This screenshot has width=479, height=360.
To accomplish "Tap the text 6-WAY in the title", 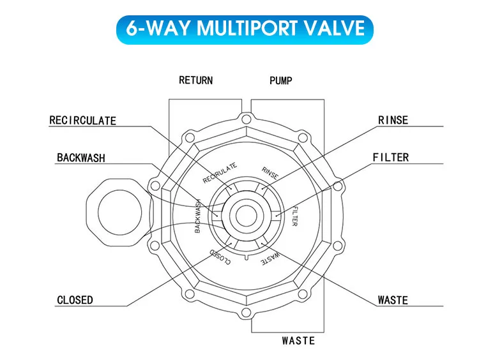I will pyautogui.click(x=156, y=28).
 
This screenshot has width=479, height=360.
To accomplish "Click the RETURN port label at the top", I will pyautogui.click(x=195, y=81).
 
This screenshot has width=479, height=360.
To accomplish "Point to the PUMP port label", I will pyautogui.click(x=280, y=81).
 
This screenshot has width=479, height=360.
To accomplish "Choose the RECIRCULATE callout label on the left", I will pyautogui.click(x=83, y=121).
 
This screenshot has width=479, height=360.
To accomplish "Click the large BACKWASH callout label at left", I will pyautogui.click(x=81, y=158).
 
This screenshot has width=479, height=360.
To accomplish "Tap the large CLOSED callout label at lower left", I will pyautogui.click(x=75, y=300).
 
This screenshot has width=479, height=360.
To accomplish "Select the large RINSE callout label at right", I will pyautogui.click(x=393, y=121).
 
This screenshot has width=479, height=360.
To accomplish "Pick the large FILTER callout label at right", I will pyautogui.click(x=391, y=158).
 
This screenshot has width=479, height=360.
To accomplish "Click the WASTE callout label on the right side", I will pyautogui.click(x=393, y=300).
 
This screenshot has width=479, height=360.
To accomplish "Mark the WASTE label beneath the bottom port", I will pyautogui.click(x=298, y=341).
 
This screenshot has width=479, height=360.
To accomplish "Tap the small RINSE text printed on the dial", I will pyautogui.click(x=271, y=173).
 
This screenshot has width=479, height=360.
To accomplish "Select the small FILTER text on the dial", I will pyautogui.click(x=294, y=217).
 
